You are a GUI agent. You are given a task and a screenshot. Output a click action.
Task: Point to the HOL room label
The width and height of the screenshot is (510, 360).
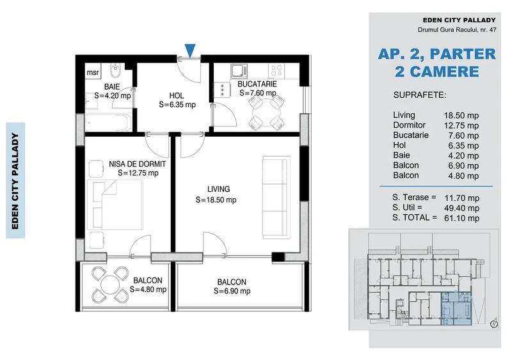(x=177, y=95)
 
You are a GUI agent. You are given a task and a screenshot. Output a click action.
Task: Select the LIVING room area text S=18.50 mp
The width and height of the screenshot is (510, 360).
(x=216, y=200)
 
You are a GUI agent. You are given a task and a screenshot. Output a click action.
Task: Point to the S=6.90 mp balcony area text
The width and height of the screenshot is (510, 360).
(x=232, y=291)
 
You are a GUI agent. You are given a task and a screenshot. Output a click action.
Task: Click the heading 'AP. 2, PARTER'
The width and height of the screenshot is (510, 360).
(x=437, y=54)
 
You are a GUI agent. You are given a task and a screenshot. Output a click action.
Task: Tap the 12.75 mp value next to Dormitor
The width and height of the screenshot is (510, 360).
(x=464, y=125)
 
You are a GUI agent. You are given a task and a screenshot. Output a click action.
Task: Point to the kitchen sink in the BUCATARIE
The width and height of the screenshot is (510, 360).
(x=237, y=70)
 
